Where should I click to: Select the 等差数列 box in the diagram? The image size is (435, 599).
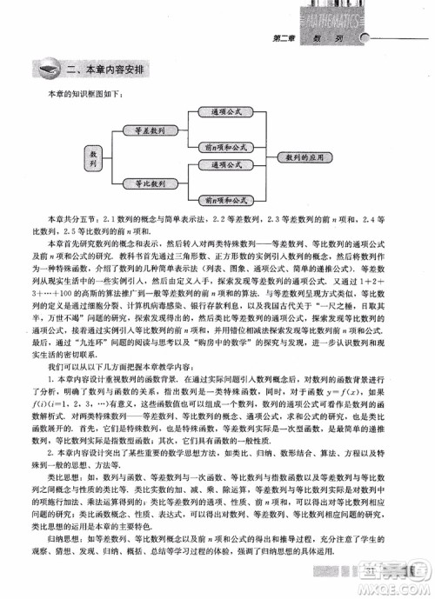(x=151, y=130)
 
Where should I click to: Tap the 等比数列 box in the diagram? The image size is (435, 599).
(x=151, y=183)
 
